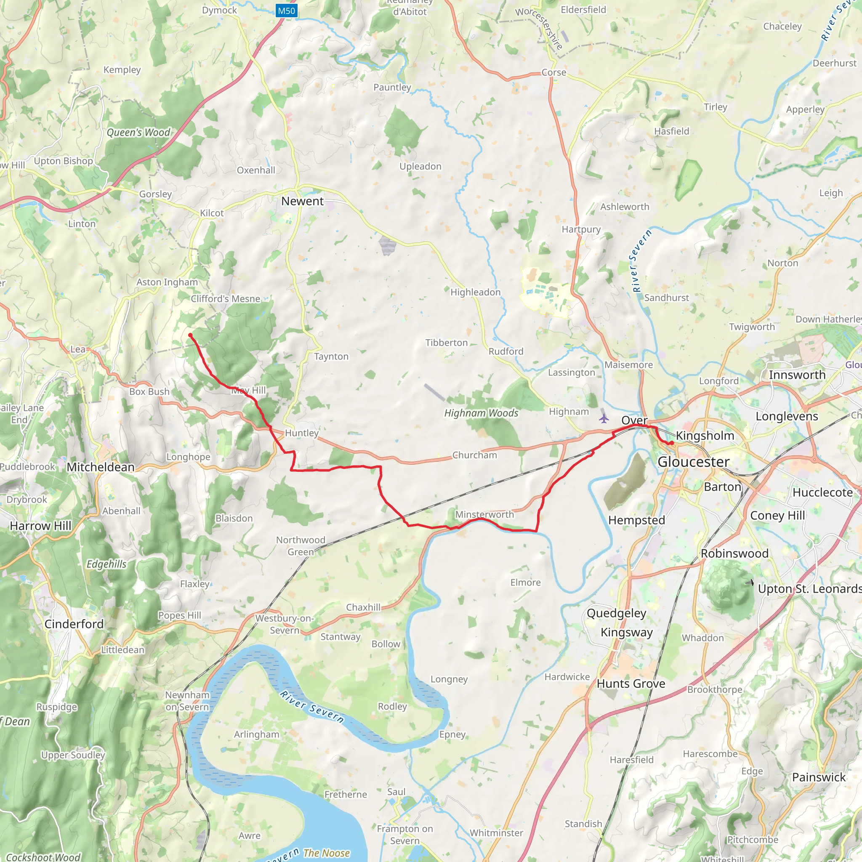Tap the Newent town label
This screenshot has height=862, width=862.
[302, 201]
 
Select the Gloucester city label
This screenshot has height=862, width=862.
[693, 462]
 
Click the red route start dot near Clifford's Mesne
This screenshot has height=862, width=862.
[190, 335]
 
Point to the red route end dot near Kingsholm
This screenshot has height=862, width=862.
[670, 443]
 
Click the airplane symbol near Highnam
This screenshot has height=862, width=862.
[604, 418]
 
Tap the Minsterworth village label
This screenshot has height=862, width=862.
[484, 514]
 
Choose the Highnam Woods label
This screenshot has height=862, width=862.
[481, 413]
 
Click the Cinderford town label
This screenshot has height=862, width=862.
[74, 624]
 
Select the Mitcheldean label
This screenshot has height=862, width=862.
[101, 467]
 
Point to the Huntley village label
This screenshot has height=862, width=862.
[302, 433]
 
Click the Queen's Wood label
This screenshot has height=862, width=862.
[138, 133]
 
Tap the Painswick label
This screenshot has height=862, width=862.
[819, 777]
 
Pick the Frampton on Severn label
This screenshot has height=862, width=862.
[404, 834]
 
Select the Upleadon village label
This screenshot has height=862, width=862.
[420, 166]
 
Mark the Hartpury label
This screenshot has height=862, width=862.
[581, 229]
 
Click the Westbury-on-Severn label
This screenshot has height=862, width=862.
[285, 624]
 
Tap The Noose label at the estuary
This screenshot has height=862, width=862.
[326, 853]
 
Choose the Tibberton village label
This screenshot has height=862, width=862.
[446, 343]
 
